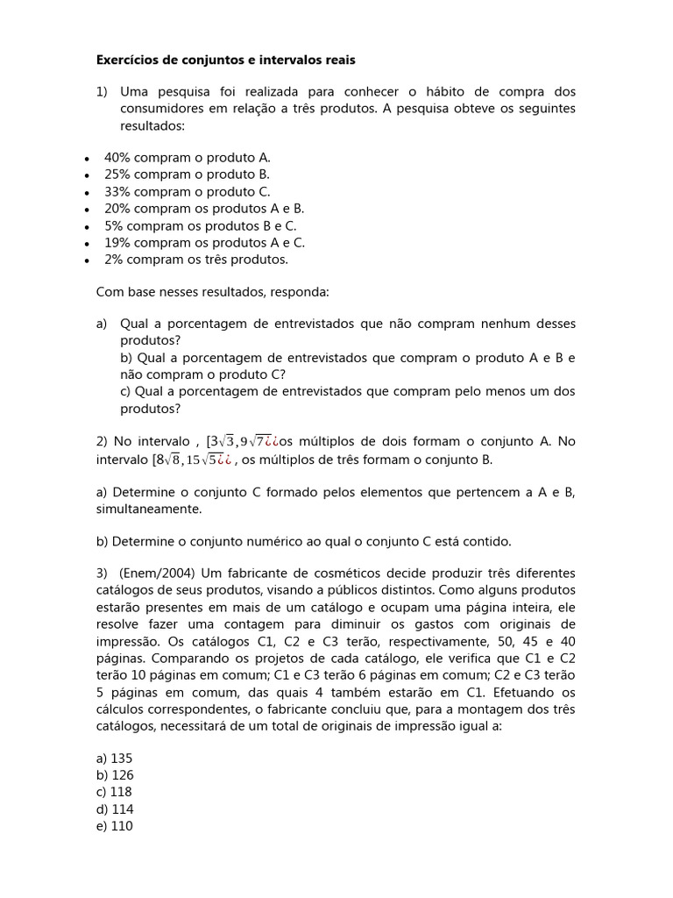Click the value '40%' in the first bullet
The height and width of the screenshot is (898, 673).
point(117,158)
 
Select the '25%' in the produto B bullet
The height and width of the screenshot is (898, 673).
point(117,175)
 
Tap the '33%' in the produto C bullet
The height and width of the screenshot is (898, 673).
point(117,191)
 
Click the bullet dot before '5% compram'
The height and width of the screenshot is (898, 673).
point(85,227)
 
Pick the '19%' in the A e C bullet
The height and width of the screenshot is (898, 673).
point(117,243)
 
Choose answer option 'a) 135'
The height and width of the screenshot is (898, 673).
point(114,758)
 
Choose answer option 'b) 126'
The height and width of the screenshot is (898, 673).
point(114,775)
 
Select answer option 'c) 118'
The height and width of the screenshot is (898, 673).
point(114,792)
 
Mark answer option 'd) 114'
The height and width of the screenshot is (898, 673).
point(114,809)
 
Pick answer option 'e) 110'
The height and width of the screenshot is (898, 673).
point(114,826)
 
